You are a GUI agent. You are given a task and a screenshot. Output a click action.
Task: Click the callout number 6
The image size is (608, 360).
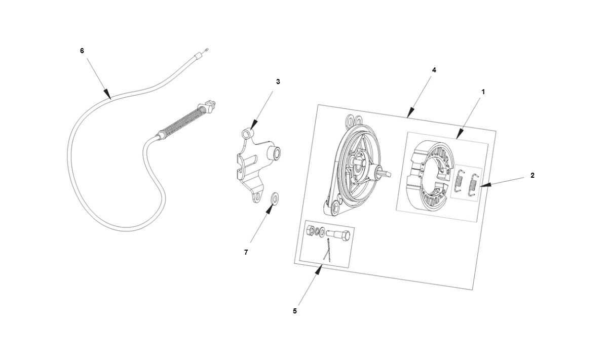(82, 51)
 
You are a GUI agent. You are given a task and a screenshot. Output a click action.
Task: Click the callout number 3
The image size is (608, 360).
(278, 82)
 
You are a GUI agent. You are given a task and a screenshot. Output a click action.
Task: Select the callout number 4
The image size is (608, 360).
(434, 70)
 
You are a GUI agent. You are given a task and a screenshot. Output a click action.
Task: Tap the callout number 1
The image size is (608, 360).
(483, 92)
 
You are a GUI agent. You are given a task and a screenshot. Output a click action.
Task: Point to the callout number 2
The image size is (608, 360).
(532, 176)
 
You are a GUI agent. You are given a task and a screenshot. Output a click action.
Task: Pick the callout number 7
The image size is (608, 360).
(246, 252)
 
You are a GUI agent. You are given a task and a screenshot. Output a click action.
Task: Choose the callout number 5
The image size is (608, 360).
(295, 311)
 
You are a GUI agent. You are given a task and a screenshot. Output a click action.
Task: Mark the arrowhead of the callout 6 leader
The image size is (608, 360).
(108, 95)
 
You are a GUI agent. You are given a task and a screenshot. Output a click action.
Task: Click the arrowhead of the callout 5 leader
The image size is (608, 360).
(319, 269)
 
